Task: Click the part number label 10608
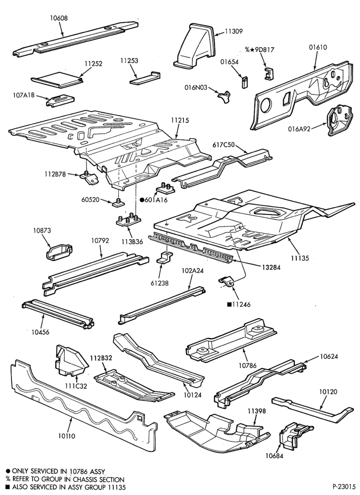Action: (59, 18)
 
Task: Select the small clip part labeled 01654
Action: (244, 82)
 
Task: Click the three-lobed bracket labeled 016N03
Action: (224, 96)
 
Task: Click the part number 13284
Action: (271, 267)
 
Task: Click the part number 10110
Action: (67, 436)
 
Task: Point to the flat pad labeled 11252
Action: (57, 79)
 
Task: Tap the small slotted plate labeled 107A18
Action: (60, 100)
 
